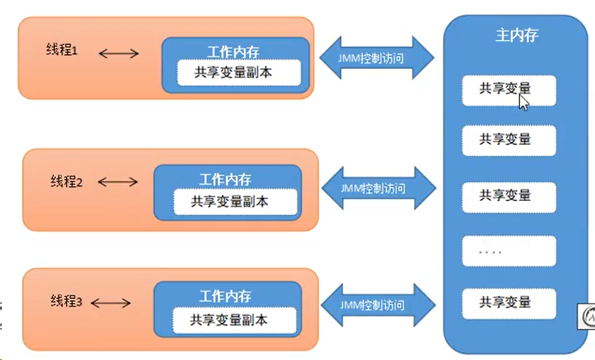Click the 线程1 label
pyautogui.click(x=62, y=50)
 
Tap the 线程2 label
pyautogui.click(x=67, y=182)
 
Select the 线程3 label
pyautogui.click(x=67, y=302)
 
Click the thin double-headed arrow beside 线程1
pyautogui.click(x=119, y=53)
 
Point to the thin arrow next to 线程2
pyautogui.click(x=118, y=182)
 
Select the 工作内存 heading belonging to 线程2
pyautogui.click(x=225, y=179)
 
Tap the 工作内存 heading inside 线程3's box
pyautogui.click(x=225, y=296)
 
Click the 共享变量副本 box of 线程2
pyautogui.click(x=235, y=202)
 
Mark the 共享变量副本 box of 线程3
pyautogui.click(x=234, y=320)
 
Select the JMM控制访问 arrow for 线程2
pyautogui.click(x=379, y=188)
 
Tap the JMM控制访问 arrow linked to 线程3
pyautogui.click(x=378, y=305)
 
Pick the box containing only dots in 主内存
pyautogui.click(x=509, y=252)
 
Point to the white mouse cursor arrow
pyautogui.click(x=523, y=101)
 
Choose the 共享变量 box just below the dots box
pyautogui.click(x=509, y=302)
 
